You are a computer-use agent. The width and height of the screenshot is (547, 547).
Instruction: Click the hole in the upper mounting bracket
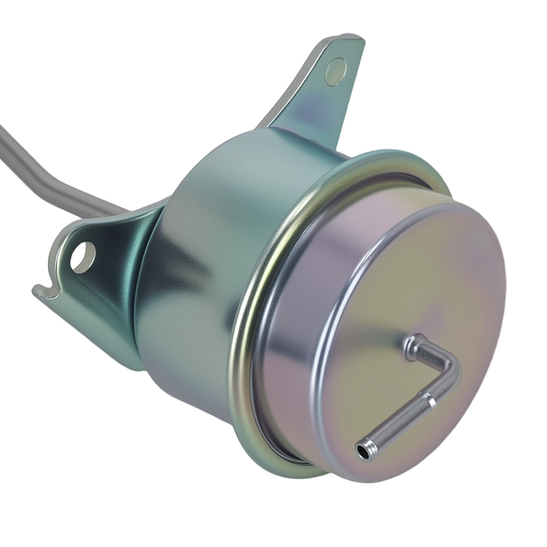pos(335,72)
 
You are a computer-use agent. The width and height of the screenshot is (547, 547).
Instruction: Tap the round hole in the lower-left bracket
pos(83,257)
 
